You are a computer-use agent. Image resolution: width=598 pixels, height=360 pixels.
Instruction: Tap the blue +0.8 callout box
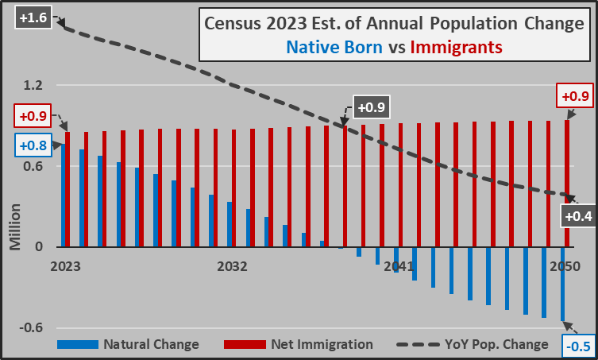coord(30,145)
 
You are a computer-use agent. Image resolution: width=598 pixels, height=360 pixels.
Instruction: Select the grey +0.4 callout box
coord(577,215)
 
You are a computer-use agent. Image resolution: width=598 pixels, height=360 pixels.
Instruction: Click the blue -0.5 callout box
coord(579,344)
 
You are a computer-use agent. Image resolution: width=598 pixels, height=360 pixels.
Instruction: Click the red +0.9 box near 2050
coord(575,97)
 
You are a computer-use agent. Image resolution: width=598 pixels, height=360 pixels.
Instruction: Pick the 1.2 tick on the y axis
coord(32,84)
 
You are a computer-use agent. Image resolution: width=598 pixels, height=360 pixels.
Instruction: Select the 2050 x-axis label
coord(564,265)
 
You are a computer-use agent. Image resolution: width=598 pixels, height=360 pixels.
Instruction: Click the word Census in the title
coord(236,23)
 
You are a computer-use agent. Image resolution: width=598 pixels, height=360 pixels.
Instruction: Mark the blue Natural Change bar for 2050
coord(562,284)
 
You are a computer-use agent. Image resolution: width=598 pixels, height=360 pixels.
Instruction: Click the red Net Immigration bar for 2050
coord(567,183)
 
